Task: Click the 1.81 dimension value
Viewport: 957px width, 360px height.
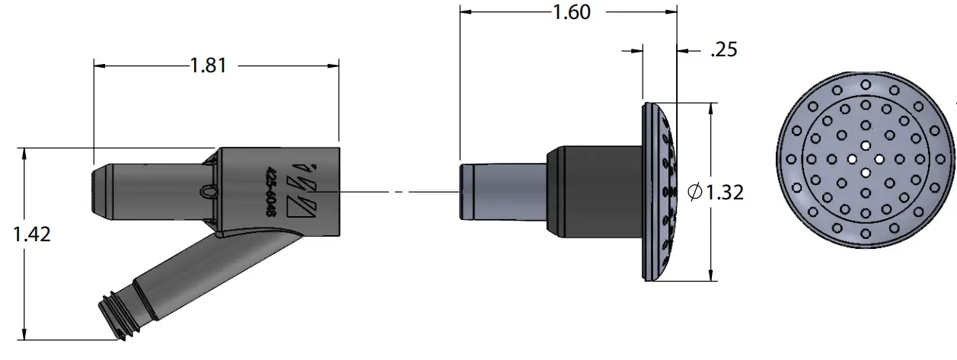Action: [x=209, y=65]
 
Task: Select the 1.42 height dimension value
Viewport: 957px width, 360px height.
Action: [x=32, y=234]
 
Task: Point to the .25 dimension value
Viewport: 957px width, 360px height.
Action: [x=723, y=50]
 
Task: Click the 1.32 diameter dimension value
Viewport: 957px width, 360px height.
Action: [x=724, y=193]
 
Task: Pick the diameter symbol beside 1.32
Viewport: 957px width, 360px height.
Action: [x=694, y=193]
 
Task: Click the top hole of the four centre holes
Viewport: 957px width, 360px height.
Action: [x=866, y=145]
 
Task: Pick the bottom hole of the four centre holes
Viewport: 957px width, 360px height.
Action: [x=866, y=173]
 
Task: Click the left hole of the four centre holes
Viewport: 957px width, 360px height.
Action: [x=851, y=159]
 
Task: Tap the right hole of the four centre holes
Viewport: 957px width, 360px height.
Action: [x=880, y=159]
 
